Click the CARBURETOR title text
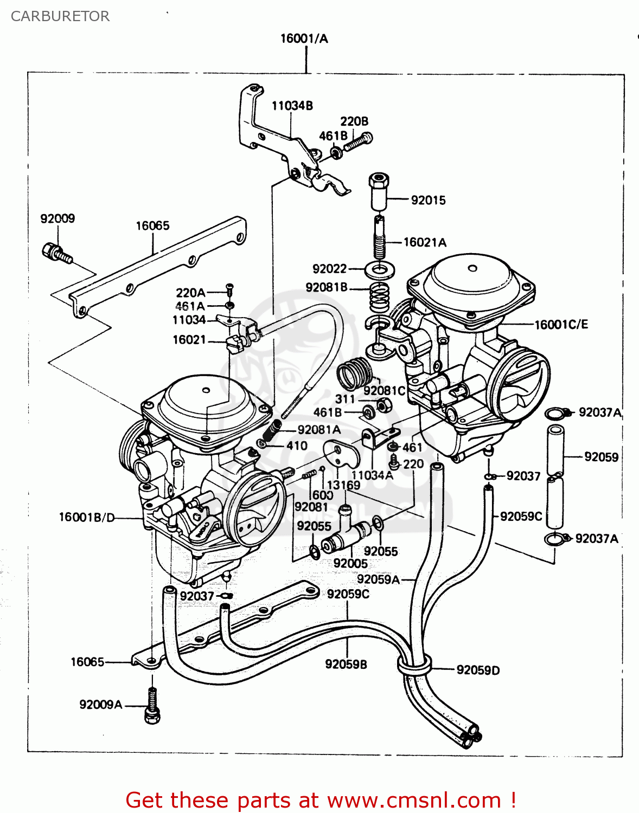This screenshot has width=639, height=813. (60, 16)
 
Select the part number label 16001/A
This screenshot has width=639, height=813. (304, 38)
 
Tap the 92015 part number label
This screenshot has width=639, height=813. (428, 201)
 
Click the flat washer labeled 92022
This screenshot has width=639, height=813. (380, 269)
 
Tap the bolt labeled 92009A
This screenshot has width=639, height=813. (152, 706)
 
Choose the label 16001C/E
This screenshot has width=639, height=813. (561, 325)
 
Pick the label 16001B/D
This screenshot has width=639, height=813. (87, 517)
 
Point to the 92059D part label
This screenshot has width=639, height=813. (478, 670)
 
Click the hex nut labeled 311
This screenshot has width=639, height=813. (384, 404)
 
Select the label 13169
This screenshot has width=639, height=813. (343, 485)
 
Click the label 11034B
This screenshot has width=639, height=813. (292, 106)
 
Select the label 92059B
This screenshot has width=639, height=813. (346, 664)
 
